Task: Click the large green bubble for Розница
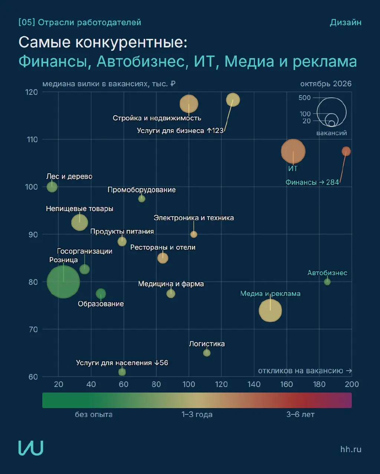(63, 282)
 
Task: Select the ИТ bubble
(293, 151)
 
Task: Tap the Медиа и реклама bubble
(270, 310)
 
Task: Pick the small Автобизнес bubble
(327, 282)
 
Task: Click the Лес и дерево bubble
(52, 187)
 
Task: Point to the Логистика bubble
(207, 353)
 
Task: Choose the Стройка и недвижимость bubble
(189, 104)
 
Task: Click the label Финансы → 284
(312, 182)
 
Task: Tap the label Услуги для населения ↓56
(122, 363)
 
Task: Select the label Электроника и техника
(194, 218)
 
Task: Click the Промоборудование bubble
(142, 199)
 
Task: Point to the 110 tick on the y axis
(32, 140)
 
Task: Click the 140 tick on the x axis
(254, 384)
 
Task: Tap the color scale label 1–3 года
(197, 414)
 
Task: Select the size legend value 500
(305, 97)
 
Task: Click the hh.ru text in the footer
(351, 449)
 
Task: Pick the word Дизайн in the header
(345, 22)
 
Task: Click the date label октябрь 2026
(326, 84)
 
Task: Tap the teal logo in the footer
(31, 448)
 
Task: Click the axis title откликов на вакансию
(301, 371)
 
